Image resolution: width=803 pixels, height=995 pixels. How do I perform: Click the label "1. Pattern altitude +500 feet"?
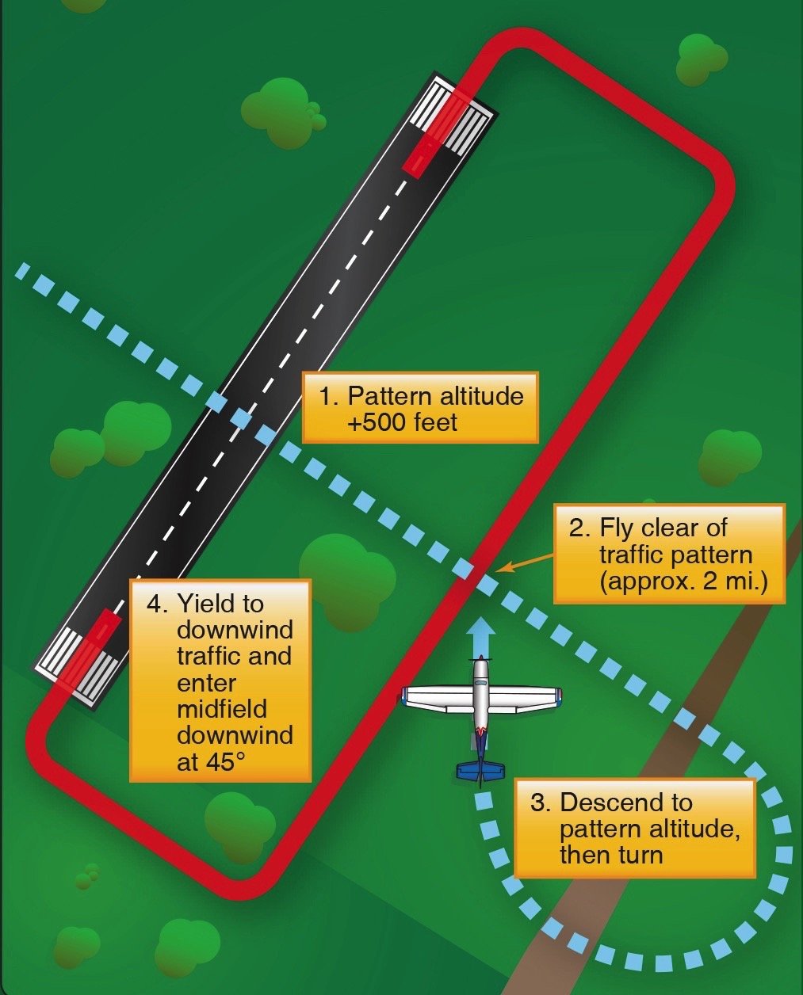[420, 407]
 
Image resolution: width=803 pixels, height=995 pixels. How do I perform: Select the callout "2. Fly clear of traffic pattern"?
[669, 555]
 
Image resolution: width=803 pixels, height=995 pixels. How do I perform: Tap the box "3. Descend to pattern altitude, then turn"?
[634, 828]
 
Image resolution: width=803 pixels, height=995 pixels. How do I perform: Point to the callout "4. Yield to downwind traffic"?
[220, 680]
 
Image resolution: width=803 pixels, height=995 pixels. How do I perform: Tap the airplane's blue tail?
[480, 769]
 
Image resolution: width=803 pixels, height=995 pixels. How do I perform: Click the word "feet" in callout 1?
[435, 421]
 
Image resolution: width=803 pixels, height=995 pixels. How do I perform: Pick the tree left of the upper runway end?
[281, 111]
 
